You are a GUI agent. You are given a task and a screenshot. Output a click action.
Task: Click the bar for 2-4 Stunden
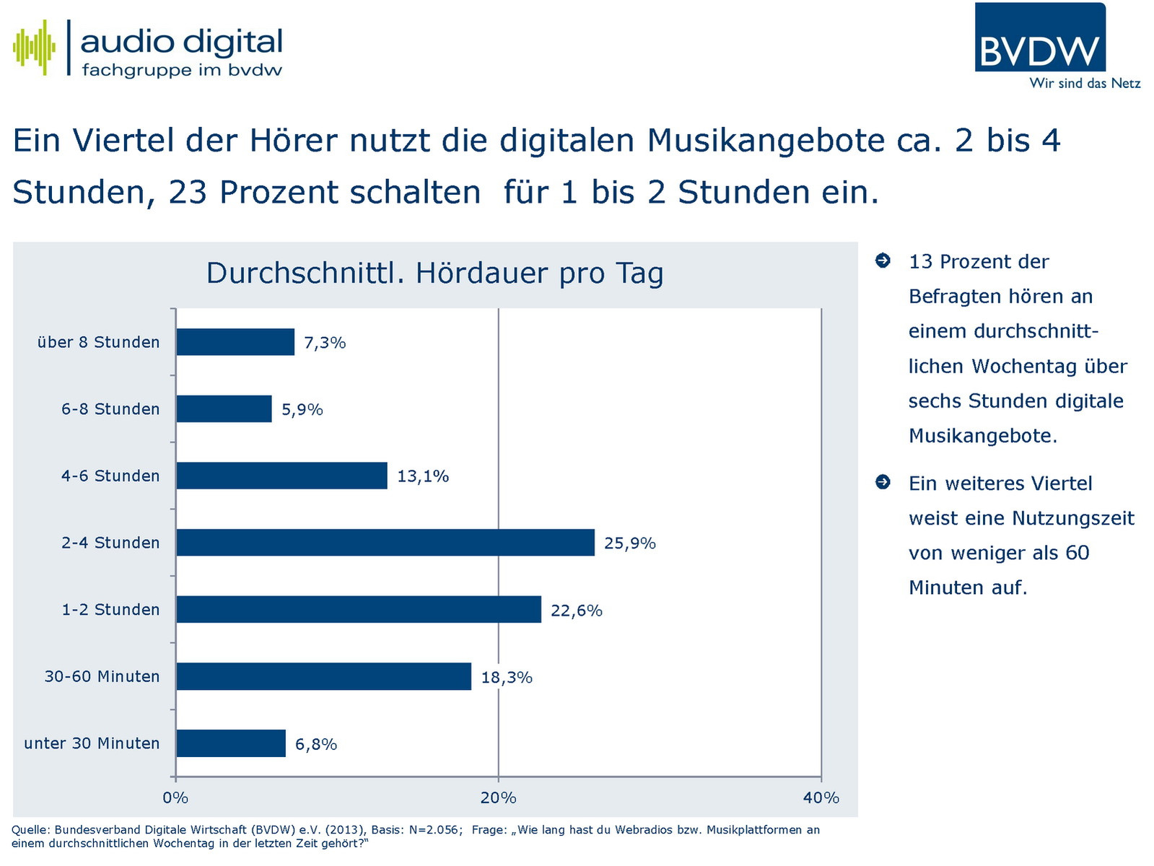[x=385, y=543]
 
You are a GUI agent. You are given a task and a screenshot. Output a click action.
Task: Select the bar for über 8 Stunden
[x=235, y=342]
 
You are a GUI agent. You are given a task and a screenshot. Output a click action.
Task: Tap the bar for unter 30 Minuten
[x=231, y=743]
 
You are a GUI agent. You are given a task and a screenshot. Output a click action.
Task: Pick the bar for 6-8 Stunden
[x=224, y=409]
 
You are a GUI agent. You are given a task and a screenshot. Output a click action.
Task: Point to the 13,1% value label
[x=423, y=476]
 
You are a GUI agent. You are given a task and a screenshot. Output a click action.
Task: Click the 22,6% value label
[x=576, y=611]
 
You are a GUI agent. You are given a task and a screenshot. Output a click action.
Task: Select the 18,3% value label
[x=507, y=678]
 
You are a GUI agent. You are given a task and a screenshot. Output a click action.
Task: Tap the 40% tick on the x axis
[x=821, y=797]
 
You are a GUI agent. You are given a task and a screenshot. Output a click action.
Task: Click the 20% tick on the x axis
[x=499, y=797]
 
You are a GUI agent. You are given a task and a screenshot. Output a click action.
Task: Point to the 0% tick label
[x=175, y=797]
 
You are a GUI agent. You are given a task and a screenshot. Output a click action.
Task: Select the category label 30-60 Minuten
[x=102, y=677]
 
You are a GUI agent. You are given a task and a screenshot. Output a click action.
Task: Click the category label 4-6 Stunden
[x=110, y=476]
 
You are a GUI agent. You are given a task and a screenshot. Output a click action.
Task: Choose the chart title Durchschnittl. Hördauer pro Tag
[x=434, y=274]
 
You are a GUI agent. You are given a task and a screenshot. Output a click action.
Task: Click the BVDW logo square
[x=1039, y=38]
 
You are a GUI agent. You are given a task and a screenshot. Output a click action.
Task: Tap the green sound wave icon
[x=34, y=48]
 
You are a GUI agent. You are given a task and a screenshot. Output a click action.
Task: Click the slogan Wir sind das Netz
[x=1085, y=84]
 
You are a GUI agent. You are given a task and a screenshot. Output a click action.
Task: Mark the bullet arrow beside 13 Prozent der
[x=883, y=261]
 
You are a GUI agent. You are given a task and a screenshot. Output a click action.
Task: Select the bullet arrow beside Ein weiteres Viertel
[x=883, y=482]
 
